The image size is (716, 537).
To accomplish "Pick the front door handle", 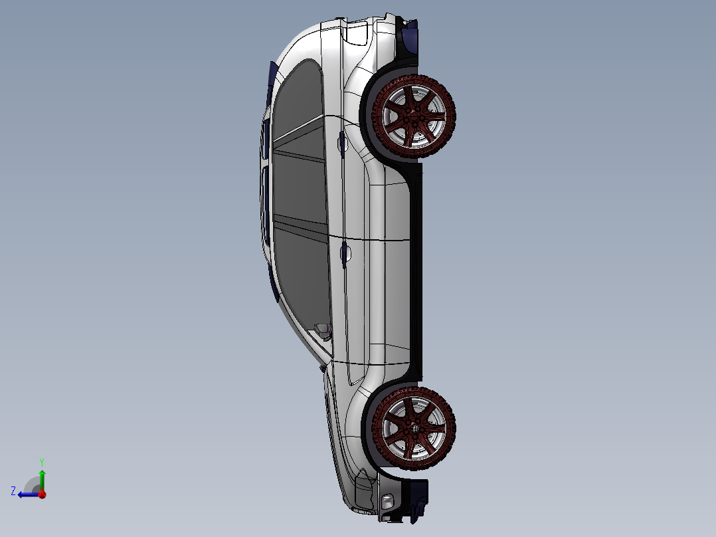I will tap(345, 253).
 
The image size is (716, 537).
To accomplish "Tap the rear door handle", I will tap(342, 142).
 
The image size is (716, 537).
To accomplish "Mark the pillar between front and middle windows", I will tap(300, 223).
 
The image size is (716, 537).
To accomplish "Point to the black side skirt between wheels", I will tap(416, 266).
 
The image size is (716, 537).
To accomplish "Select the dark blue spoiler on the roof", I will tap(272, 76).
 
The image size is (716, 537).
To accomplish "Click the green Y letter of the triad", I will tap(41, 461).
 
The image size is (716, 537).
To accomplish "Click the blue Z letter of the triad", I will tap(13, 490).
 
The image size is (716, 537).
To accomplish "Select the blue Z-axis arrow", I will tap(27, 494).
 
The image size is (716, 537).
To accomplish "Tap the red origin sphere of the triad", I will tap(42, 494).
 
